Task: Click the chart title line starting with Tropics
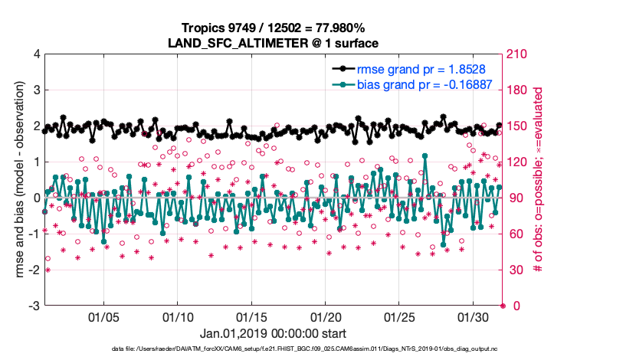tap(274, 28)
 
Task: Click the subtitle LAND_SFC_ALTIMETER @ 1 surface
tap(274, 43)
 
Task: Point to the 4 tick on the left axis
tap(35, 54)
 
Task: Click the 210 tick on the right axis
tap(519, 54)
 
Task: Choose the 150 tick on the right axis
tap(519, 126)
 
